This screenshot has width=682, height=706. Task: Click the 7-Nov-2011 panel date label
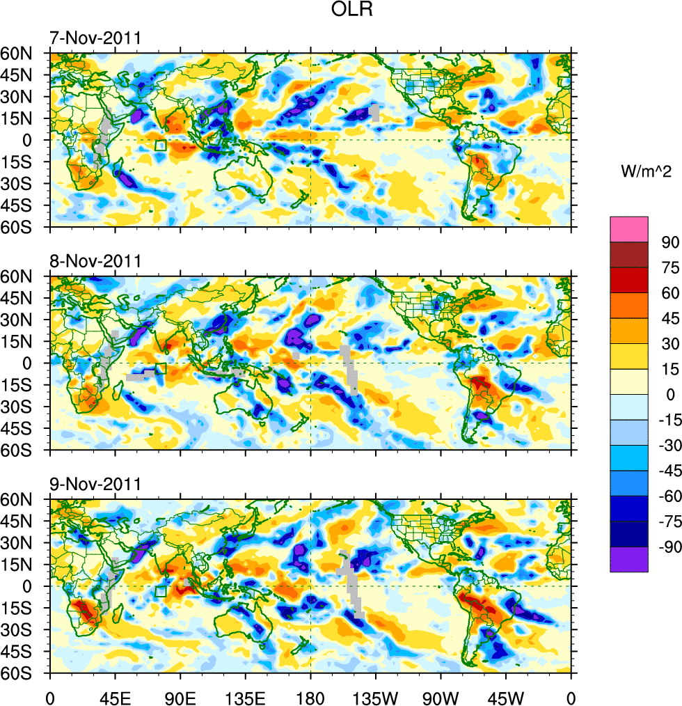pos(95,38)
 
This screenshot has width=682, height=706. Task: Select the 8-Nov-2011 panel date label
pos(95,262)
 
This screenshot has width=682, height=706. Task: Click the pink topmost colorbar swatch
pos(629,229)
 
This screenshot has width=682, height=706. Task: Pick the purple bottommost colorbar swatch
pos(629,559)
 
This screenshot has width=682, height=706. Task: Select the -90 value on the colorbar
pos(665,547)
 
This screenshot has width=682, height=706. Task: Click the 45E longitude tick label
pos(115,696)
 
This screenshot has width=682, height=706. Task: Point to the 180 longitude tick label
pos(310,696)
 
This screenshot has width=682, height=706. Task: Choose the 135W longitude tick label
pos(376,696)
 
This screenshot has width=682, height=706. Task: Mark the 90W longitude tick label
pos(441,696)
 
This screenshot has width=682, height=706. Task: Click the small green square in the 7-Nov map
pos(161,146)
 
